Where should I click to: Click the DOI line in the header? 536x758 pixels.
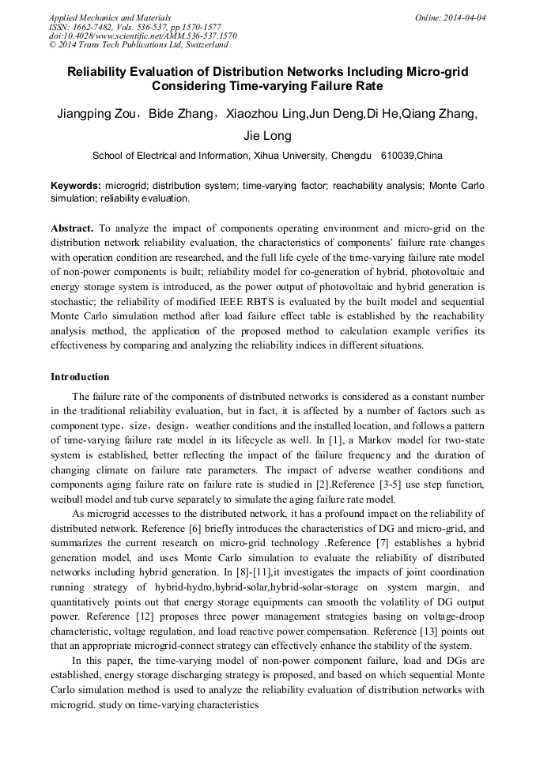tap(142, 36)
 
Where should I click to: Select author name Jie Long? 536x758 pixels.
tap(267, 135)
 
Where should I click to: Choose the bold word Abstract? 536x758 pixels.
tap(73, 228)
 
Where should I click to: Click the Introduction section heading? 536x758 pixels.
tap(80, 377)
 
